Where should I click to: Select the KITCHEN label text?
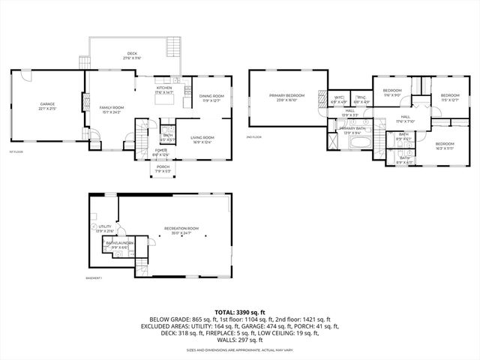164,87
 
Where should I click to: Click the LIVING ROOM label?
202,138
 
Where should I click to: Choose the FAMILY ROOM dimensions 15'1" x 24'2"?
112,112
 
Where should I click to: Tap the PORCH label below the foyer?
163,166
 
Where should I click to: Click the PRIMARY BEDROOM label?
287,95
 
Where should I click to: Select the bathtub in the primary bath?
358,140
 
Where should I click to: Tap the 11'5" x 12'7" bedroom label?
449,97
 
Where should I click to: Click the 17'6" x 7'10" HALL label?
405,118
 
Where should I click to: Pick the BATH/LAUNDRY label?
119,242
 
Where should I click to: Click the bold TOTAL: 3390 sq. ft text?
240,310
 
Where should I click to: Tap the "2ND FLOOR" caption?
253,137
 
